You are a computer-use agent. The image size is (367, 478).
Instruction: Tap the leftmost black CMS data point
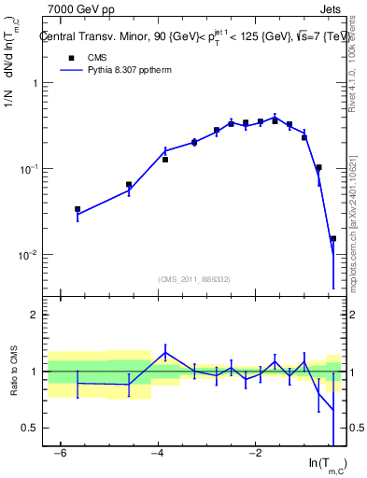[x=78, y=209]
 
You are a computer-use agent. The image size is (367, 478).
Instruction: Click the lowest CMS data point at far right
[x=332, y=239]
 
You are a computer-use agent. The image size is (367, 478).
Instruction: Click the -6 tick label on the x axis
[x=61, y=454]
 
